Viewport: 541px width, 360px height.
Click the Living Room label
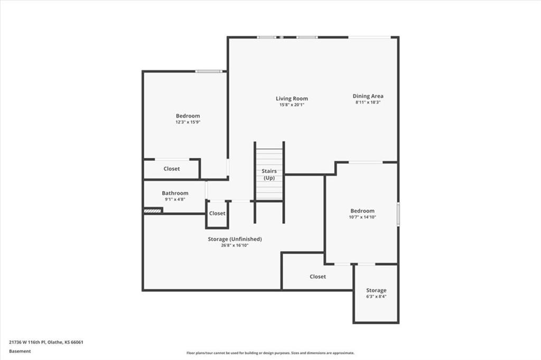[x=292, y=99]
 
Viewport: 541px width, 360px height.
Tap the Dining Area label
[x=368, y=96]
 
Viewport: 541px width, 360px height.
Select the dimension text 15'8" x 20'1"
[x=292, y=105]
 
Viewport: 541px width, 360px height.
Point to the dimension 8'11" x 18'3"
[x=368, y=102]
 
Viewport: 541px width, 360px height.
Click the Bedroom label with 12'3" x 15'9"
[x=188, y=116]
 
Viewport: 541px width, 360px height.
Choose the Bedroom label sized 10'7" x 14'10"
[x=362, y=211]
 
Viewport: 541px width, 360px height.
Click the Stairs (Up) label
[x=269, y=174]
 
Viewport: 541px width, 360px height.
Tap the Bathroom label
[x=175, y=193]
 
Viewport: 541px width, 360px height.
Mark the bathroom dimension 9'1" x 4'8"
[x=175, y=200]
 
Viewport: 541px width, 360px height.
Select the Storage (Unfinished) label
[x=235, y=239]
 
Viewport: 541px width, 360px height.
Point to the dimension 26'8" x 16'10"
[x=235, y=245]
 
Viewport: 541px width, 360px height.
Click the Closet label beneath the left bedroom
[x=171, y=169]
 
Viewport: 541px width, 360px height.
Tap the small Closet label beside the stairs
[x=217, y=213]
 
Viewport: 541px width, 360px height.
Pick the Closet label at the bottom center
[x=318, y=277]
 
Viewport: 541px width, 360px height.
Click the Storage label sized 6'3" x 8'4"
[x=376, y=290]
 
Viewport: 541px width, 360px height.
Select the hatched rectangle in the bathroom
[x=153, y=211]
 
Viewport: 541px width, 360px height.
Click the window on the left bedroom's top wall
[x=208, y=71]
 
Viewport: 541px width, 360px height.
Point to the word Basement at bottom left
[x=20, y=351]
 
